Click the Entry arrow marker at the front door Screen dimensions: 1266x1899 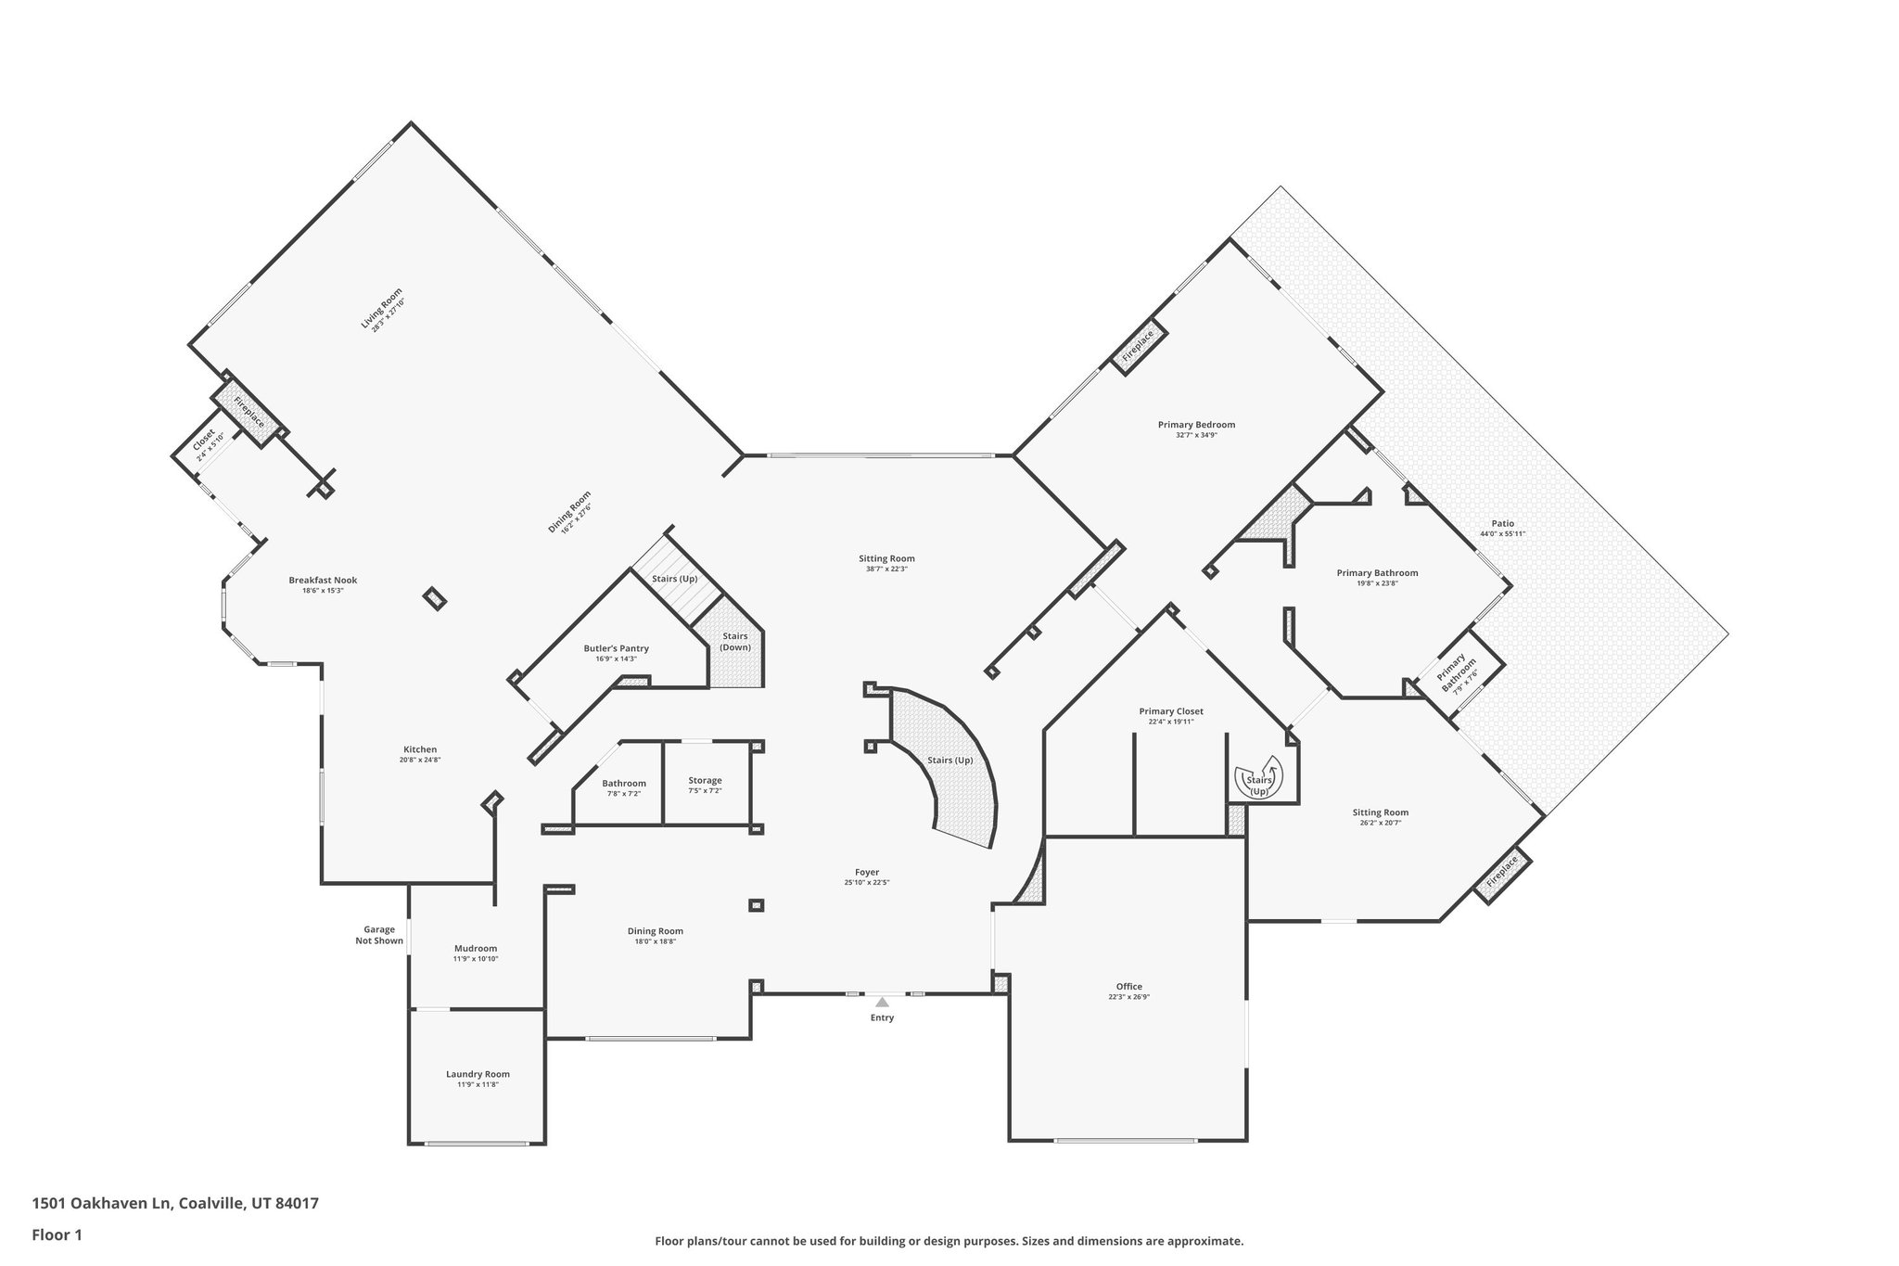882,1002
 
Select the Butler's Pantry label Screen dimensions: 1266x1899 616,648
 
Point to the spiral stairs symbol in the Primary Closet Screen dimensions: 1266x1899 1258,779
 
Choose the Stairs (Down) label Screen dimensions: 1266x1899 735,641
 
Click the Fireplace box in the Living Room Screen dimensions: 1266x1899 249,411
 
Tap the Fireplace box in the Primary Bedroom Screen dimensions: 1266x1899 1138,347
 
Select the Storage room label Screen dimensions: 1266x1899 705,780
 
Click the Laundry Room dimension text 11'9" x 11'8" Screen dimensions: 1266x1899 478,1084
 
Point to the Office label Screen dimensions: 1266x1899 1128,986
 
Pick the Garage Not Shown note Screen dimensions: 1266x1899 379,935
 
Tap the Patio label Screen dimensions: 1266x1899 1502,523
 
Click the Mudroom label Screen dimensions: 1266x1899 476,948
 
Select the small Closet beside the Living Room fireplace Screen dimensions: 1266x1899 206,444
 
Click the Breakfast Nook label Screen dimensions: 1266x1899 323,581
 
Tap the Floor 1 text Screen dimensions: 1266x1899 57,1235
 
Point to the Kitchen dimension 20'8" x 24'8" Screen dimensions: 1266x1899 419,760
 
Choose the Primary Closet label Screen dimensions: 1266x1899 1171,711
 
